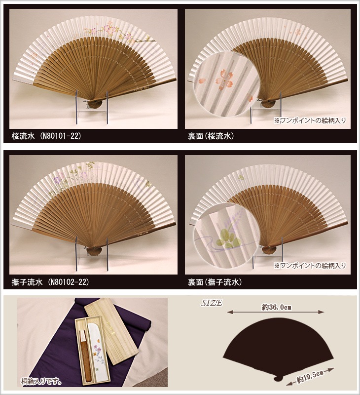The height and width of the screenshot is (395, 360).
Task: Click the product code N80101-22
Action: pos(61,136)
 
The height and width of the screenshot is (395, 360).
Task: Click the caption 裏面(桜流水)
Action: pos(211,136)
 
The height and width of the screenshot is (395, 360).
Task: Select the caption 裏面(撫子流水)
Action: pos(215,282)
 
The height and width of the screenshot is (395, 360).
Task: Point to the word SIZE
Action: pos(212,303)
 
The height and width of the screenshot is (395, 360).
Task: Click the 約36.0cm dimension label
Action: pos(277,307)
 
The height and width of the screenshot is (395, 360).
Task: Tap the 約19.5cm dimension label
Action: pos(310,377)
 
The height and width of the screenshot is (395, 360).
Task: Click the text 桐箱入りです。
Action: pos(41,382)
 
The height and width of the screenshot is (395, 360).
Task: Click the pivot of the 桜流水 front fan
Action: pos(96,101)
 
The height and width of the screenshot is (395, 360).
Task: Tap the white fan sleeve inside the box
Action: pos(96,351)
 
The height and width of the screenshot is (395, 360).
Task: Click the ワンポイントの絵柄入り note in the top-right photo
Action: pos(310,120)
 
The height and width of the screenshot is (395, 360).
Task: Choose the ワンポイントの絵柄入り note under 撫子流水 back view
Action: pos(310,266)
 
